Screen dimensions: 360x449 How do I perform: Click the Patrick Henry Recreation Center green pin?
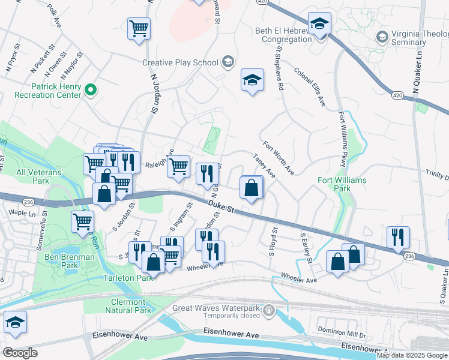[x=91, y=91]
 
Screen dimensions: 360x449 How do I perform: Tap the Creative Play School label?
[x=180, y=62]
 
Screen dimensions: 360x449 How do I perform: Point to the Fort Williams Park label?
[x=342, y=184]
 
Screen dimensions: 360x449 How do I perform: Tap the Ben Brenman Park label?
[x=70, y=261]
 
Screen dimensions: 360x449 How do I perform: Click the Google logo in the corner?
[x=20, y=352]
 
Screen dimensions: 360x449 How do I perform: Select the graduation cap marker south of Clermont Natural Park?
[x=16, y=323]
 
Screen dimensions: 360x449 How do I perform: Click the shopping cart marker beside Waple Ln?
[x=82, y=221]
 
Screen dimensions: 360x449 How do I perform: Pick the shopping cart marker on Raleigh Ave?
[x=178, y=166]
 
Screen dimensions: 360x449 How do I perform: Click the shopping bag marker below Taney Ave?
[x=251, y=187]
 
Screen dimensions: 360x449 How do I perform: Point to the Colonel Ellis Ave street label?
[x=309, y=87]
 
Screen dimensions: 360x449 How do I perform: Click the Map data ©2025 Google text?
[x=412, y=355]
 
